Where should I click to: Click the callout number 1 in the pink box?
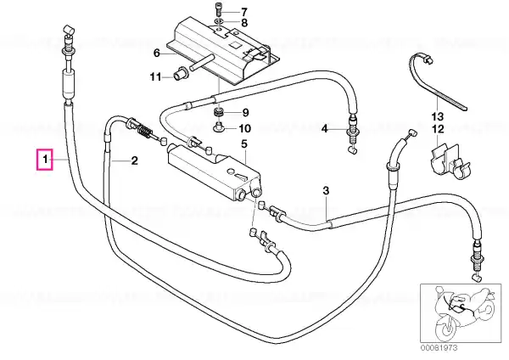tap(46, 160)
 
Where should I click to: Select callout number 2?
tap(134, 160)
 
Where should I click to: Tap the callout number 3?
tap(326, 190)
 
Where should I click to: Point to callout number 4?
tap(325, 129)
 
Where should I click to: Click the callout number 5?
tap(244, 144)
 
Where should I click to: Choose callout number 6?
tap(157, 53)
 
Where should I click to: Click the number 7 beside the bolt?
tap(243, 13)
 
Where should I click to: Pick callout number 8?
tap(244, 23)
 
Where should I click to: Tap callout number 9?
tap(245, 112)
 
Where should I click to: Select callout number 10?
tap(245, 128)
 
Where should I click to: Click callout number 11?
tap(155, 77)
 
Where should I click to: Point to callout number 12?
tap(438, 129)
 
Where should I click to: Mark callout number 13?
tap(437, 116)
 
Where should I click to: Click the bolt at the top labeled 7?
tap(218, 8)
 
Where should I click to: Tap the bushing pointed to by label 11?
tap(181, 73)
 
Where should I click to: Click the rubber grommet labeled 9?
tap(218, 114)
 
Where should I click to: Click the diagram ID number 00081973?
tap(439, 348)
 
